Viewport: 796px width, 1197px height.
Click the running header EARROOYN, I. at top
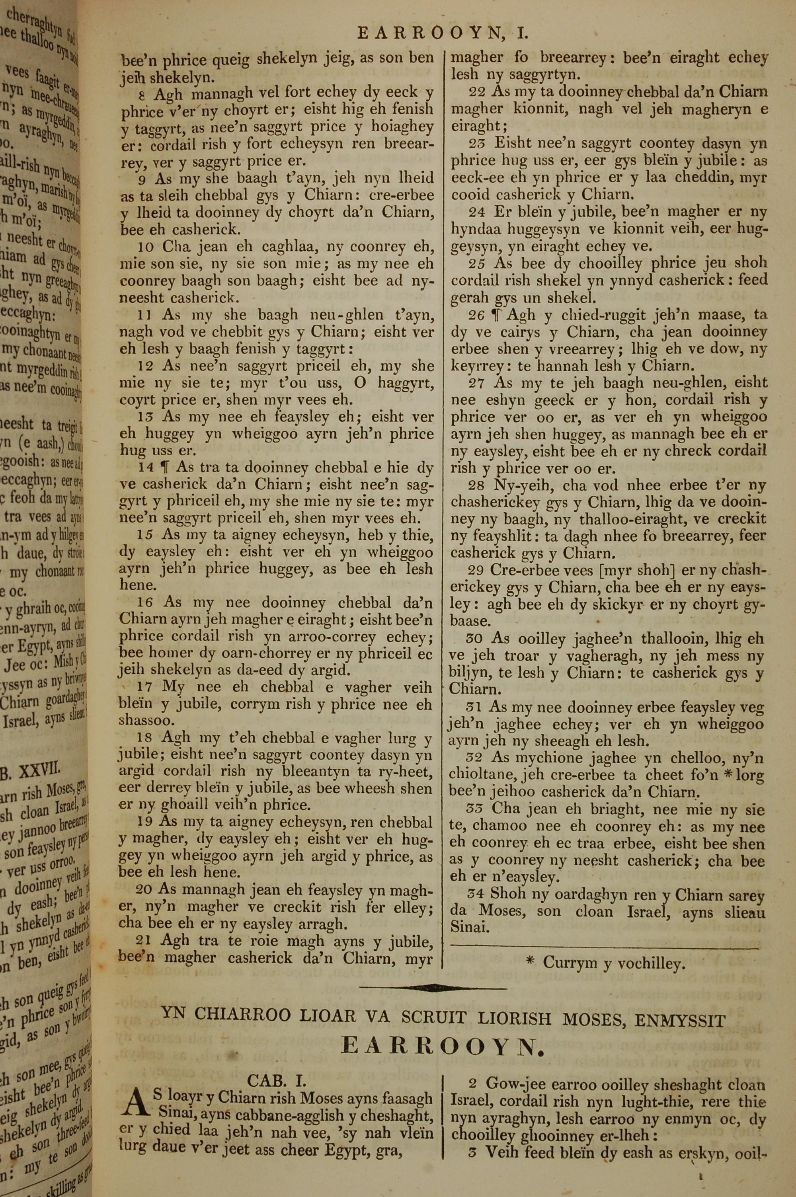443,33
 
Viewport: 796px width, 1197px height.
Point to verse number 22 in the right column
476,92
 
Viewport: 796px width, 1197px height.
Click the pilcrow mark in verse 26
496,315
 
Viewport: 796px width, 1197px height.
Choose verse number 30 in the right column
474,639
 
